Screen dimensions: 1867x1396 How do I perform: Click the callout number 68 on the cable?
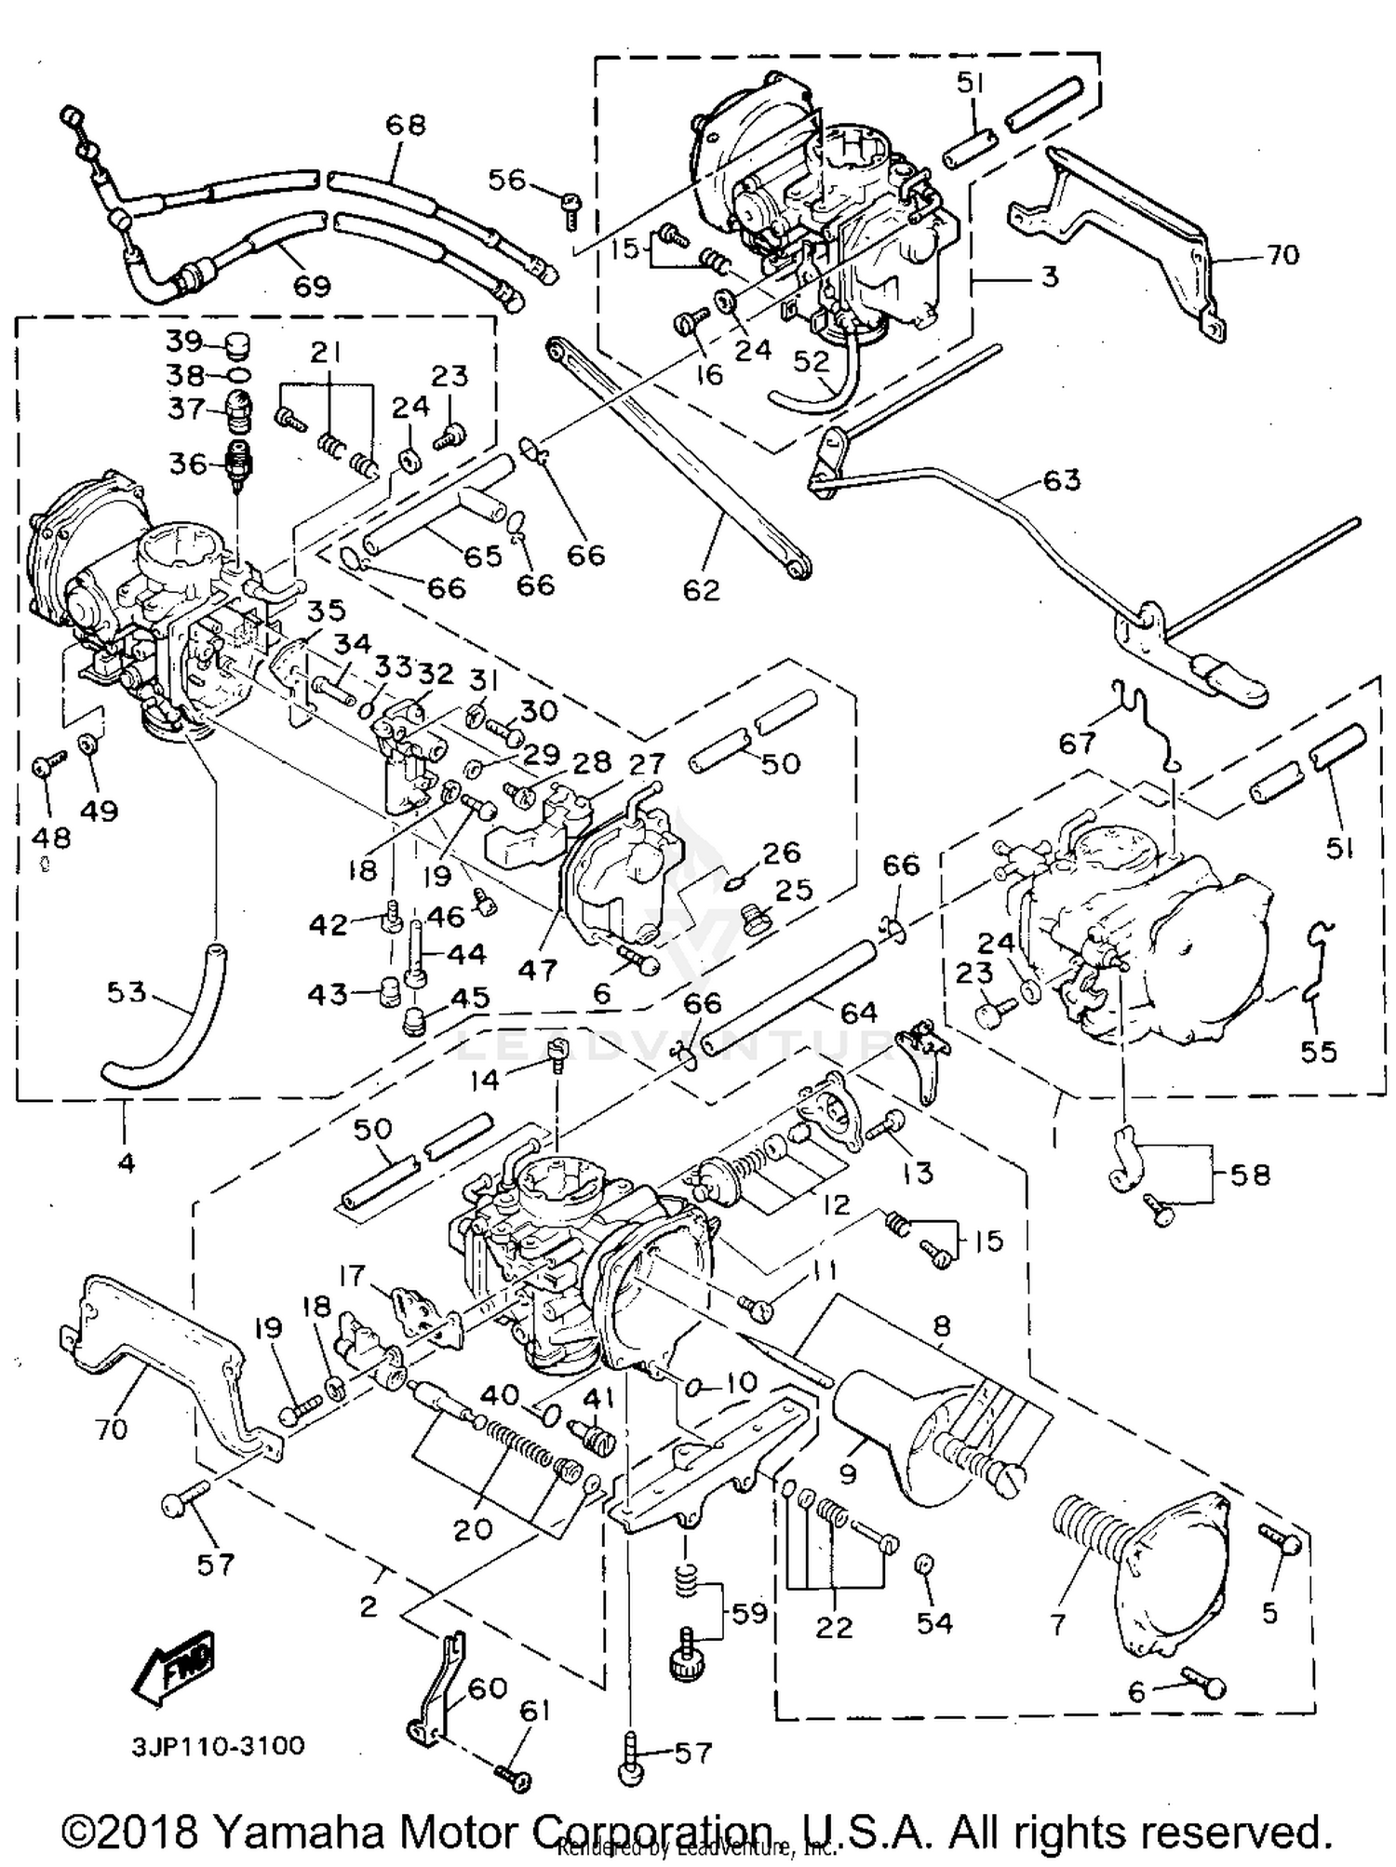click(x=406, y=124)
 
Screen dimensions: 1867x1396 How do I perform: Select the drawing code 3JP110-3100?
click(x=218, y=1745)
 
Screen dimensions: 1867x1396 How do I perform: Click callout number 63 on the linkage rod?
click(x=1061, y=480)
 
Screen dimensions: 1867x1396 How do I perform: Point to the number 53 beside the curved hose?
click(x=127, y=992)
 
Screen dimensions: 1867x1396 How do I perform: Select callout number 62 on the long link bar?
click(x=701, y=589)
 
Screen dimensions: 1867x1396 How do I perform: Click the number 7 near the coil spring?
click(x=1057, y=1625)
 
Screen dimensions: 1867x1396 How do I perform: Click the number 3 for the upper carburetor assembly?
click(x=1049, y=276)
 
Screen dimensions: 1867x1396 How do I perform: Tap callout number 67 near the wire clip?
click(x=1078, y=743)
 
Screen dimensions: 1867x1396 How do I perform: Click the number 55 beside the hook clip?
click(x=1318, y=1052)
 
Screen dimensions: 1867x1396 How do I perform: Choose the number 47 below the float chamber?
click(x=537, y=970)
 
